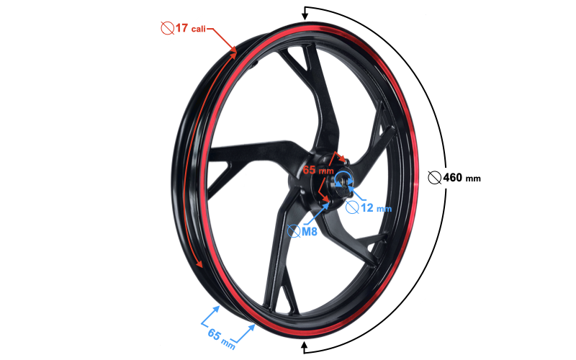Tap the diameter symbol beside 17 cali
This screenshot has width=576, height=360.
(167, 29)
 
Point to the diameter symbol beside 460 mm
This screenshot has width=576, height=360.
(433, 177)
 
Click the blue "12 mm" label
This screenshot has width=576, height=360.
(377, 208)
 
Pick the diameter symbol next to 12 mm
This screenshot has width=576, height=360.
(353, 207)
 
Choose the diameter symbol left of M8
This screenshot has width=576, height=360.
(294, 231)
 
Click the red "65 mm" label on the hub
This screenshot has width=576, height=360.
(318, 171)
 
